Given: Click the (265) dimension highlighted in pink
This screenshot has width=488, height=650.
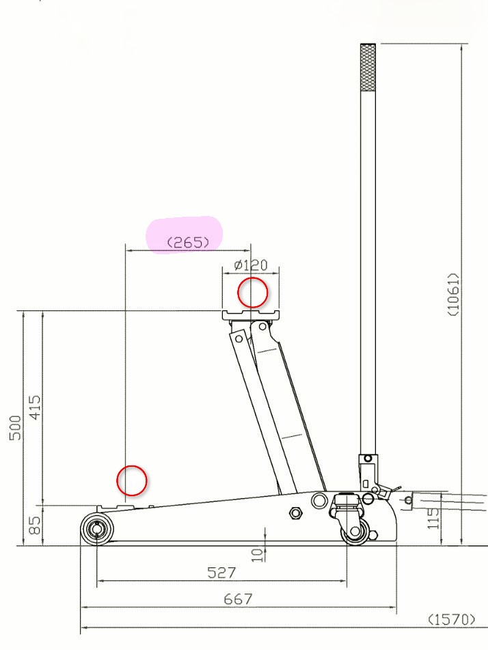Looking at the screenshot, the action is click(x=188, y=242).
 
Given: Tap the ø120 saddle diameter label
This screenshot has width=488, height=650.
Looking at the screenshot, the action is click(x=251, y=265).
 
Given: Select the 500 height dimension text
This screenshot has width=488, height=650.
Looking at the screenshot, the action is click(x=15, y=428).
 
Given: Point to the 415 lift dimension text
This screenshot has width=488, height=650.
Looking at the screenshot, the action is click(x=36, y=407).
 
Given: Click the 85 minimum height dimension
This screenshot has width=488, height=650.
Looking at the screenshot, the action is click(x=36, y=525).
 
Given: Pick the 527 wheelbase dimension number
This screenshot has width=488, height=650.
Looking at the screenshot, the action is click(x=221, y=573).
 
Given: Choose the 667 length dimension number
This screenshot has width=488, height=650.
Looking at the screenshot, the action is click(x=238, y=599).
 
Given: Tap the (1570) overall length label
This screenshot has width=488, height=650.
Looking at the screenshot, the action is click(x=451, y=620).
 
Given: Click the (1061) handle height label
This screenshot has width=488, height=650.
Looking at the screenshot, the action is click(x=454, y=295).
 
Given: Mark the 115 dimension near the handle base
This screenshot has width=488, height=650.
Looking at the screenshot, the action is click(x=433, y=518).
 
